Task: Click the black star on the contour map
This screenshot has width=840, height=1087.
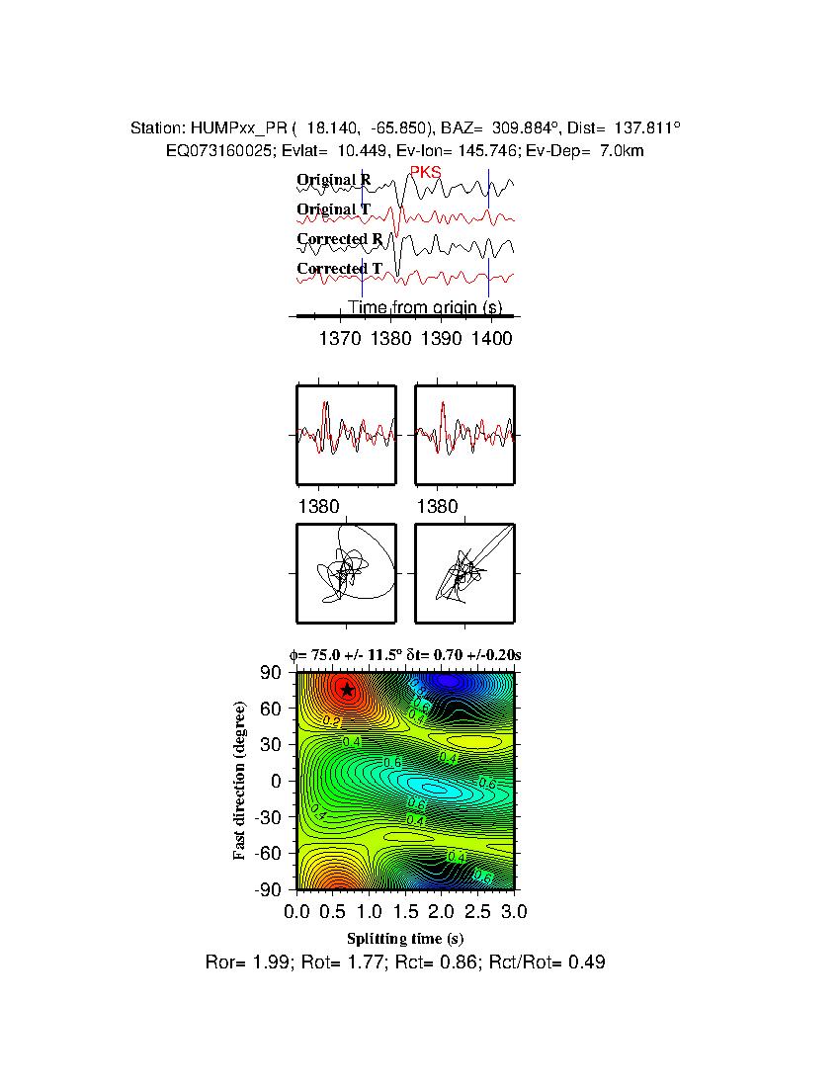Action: (346, 689)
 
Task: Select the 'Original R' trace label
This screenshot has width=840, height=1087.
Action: (334, 181)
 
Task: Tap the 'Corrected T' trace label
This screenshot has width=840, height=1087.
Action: (339, 269)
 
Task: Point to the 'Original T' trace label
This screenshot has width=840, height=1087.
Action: (334, 209)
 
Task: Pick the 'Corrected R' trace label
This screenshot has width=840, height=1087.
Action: (339, 239)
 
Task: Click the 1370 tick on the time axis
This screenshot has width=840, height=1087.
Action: (340, 339)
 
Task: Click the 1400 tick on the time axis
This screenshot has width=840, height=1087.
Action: (492, 339)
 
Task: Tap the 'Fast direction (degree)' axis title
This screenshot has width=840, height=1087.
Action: (240, 781)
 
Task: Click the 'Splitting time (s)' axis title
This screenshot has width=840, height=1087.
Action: (405, 938)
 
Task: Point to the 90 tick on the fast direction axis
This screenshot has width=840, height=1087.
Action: (273, 673)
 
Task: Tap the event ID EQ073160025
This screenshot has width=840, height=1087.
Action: (220, 150)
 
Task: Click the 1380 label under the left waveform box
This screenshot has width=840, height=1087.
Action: (318, 507)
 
